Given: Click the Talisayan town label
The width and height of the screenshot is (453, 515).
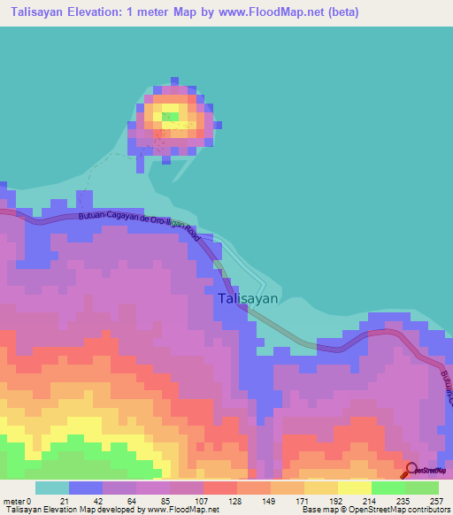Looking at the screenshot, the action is tap(247, 299).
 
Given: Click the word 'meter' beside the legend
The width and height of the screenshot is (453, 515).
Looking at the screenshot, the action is tap(14, 501).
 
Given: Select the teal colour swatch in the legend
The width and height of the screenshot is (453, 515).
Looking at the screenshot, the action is tap(51, 488).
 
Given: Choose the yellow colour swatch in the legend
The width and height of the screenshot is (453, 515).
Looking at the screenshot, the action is tap(354, 488).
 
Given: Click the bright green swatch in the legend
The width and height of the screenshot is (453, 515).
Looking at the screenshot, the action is tap(388, 488).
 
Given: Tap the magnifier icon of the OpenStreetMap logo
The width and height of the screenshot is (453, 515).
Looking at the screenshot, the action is tap(411, 472).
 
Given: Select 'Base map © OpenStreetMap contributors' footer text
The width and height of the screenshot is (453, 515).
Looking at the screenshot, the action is tap(375, 511).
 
